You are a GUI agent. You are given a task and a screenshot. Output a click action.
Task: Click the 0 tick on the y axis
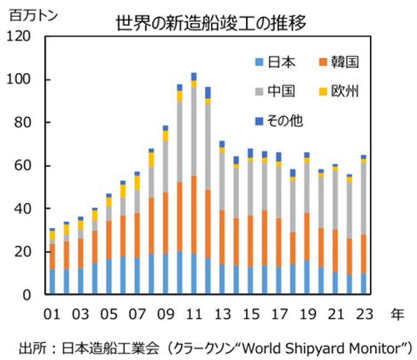pos(33,295)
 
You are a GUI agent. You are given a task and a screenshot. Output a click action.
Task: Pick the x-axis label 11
pos(193,314)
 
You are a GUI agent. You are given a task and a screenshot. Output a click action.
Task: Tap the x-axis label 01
pos(52,314)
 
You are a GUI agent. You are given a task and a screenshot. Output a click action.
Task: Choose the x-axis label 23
pos(364,314)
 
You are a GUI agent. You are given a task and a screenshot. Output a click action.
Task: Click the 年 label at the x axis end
pos(396,314)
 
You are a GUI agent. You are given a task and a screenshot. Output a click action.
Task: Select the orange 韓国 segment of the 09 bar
pos(165,223)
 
